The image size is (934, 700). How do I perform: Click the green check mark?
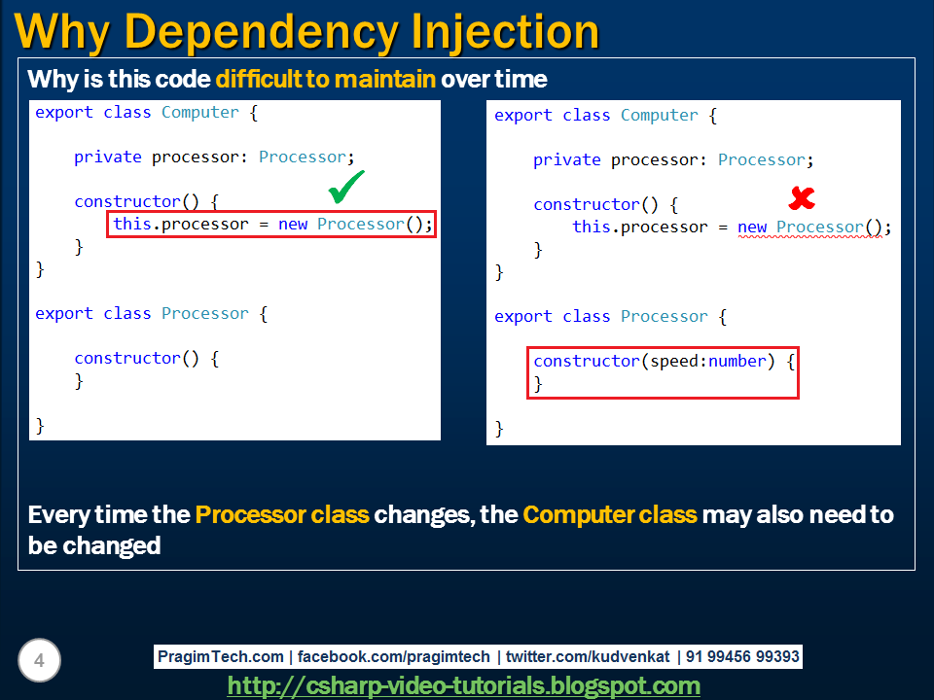346,187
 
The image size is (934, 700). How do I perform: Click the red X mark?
801,198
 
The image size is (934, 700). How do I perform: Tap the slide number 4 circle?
39,662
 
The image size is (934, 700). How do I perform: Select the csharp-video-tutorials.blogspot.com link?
463,685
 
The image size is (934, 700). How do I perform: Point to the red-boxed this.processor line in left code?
271,225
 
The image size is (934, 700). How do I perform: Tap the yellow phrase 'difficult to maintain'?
325,79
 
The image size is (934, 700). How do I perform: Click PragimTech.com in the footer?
221,657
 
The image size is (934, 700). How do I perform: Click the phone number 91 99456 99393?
742,657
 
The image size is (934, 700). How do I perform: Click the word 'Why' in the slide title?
65,31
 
